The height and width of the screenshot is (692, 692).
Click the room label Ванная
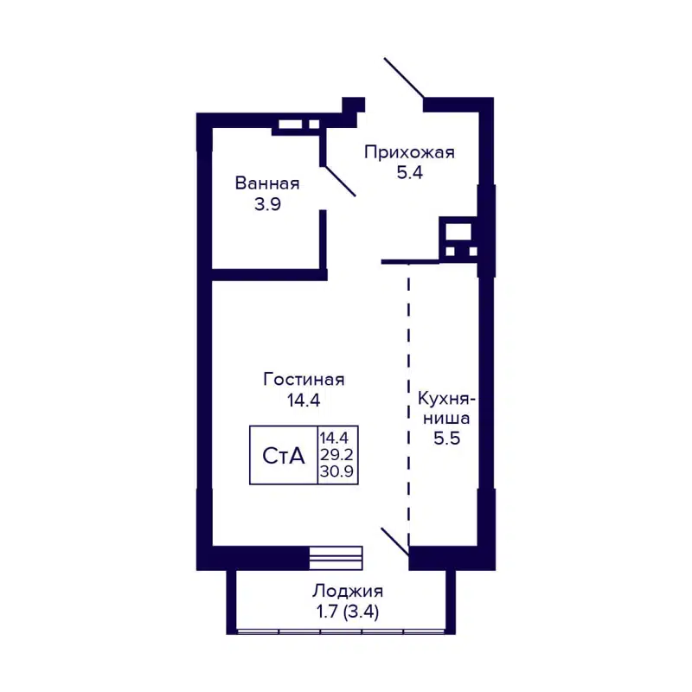point(267,183)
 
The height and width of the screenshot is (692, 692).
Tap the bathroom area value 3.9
point(267,205)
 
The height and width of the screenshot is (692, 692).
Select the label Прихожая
point(409,153)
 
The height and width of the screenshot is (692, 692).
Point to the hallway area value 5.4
point(409,173)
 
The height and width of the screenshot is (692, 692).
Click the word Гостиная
point(304,379)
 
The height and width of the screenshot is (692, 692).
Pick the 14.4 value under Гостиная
point(304,400)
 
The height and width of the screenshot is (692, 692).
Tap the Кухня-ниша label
point(445,408)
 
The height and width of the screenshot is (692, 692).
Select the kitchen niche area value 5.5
point(445,438)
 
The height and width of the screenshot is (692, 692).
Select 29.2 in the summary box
point(338,455)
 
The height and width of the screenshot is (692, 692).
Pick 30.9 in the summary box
point(338,472)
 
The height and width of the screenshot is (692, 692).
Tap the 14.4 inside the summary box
point(338,439)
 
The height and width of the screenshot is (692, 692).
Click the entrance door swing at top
point(404,78)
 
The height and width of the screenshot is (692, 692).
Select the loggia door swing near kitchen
point(394,541)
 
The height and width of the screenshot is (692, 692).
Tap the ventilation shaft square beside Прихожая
point(458,232)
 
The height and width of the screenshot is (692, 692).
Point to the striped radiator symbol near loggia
point(336,558)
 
